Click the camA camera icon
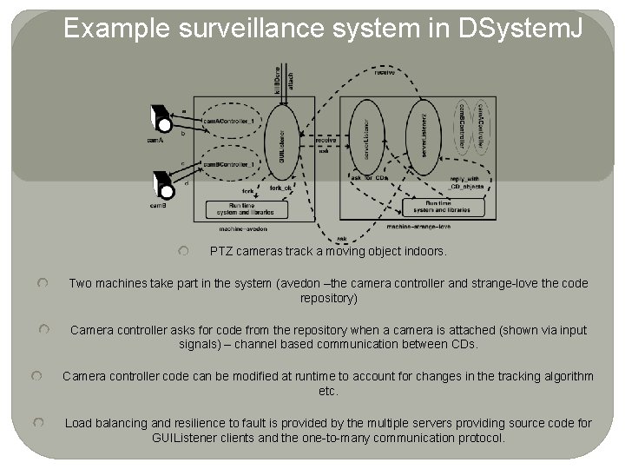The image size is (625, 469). tap(159, 118)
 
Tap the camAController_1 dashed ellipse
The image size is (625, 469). tap(228, 121)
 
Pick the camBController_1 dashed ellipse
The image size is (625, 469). tap(228, 163)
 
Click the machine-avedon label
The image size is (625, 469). tap(243, 229)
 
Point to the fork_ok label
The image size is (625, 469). tap(280, 188)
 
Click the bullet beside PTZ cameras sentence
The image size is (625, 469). tap(184, 251)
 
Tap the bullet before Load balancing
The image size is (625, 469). tap(38, 423)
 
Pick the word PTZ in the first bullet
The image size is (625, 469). tap(221, 251)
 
